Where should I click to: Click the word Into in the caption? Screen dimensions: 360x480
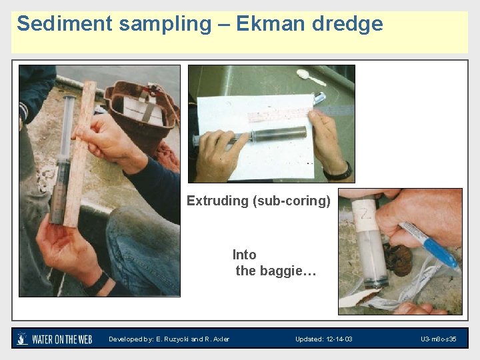coord(244,255)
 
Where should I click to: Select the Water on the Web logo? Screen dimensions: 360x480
coord(54,339)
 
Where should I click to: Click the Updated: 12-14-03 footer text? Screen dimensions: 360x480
coord(323,339)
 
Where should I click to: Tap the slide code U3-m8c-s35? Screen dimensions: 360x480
coord(438,339)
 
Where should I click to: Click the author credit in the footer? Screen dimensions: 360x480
coord(169,339)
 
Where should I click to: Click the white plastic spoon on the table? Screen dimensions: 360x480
coord(311,77)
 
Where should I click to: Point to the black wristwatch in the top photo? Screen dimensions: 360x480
coord(339,173)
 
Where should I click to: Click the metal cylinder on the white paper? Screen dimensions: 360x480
coord(277,134)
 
